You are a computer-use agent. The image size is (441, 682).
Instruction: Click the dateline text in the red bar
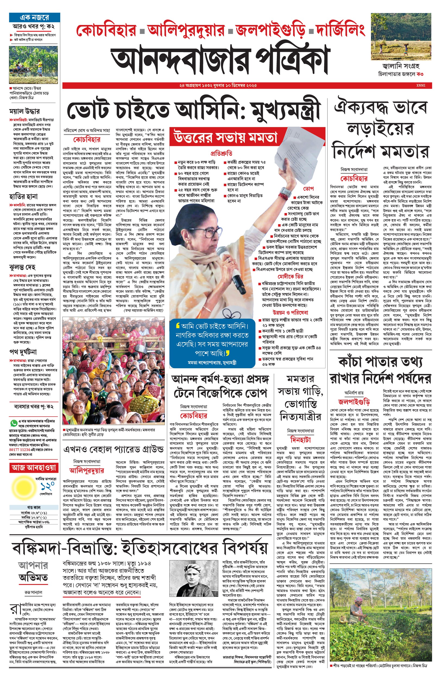218,85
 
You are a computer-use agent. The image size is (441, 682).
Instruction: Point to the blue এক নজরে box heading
34,17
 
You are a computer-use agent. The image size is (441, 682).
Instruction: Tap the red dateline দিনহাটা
300,439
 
